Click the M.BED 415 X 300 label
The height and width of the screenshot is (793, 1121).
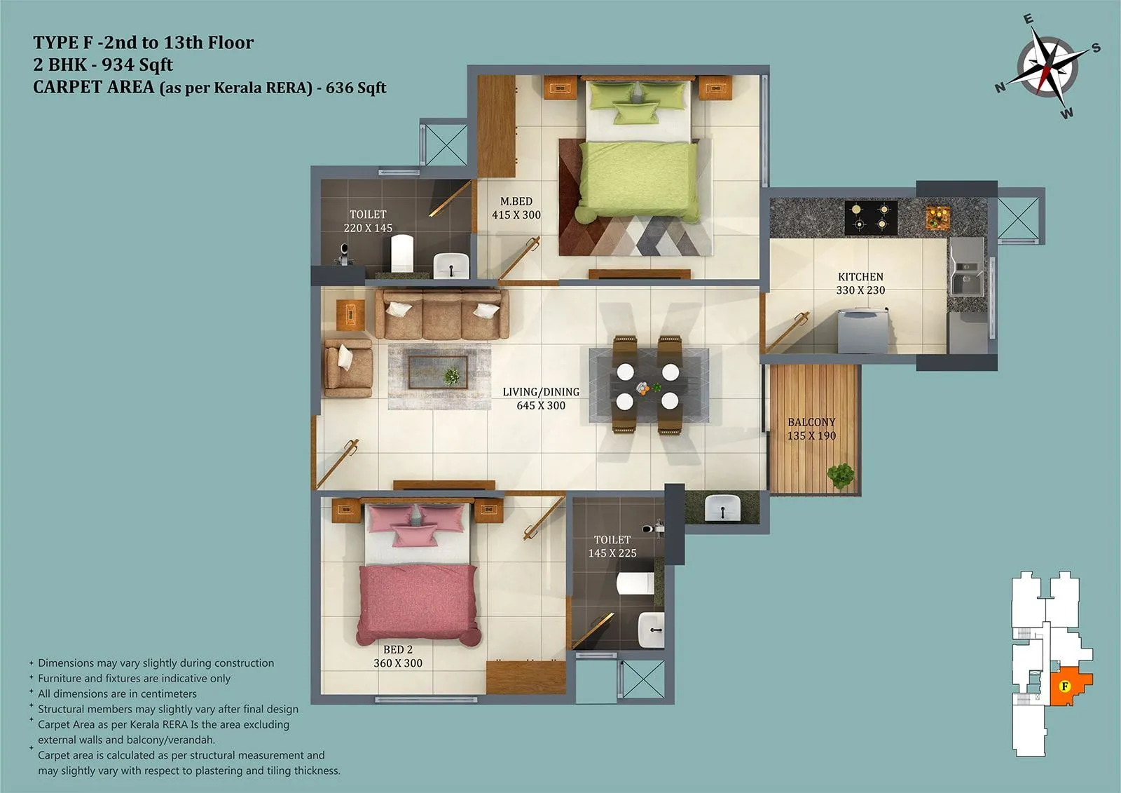click(516, 208)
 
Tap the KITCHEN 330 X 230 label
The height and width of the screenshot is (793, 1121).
click(860, 283)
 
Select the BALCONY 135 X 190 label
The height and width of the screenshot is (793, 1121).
click(811, 428)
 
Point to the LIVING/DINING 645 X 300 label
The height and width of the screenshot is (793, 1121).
click(541, 398)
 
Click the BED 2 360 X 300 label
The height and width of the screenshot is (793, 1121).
click(398, 656)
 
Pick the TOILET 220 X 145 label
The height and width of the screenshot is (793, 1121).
click(368, 221)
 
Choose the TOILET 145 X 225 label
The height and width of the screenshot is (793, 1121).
click(612, 546)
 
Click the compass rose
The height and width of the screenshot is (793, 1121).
click(1047, 69)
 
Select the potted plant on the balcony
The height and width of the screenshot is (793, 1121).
click(840, 475)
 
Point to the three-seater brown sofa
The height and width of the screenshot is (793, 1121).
click(441, 314)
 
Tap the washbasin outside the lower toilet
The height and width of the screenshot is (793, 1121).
click(722, 507)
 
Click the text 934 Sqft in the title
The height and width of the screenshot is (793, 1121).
click(137, 65)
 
